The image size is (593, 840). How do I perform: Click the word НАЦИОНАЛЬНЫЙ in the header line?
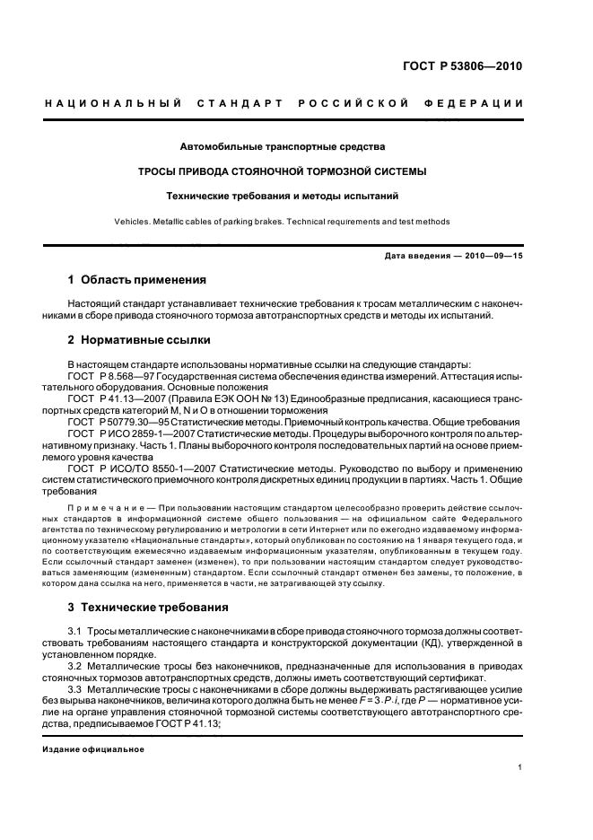[x=109, y=104]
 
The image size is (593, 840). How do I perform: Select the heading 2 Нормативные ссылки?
[x=139, y=340]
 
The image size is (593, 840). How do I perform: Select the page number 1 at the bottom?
[x=519, y=768]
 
